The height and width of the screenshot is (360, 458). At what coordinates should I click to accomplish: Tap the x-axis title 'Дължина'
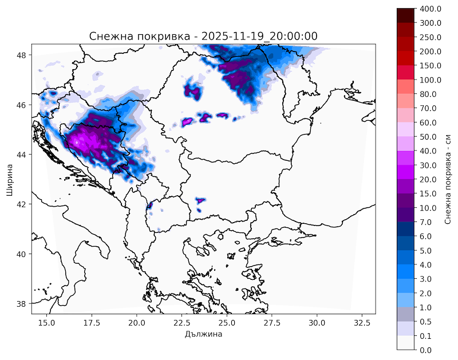[x=203, y=334]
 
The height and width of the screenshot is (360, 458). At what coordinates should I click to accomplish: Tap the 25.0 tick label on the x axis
[x=227, y=322]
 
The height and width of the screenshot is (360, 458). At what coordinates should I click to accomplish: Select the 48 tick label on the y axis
[x=23, y=56]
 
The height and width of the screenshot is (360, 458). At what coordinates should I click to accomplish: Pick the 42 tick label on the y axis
[x=23, y=204]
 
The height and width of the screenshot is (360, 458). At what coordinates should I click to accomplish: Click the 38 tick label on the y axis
[x=23, y=303]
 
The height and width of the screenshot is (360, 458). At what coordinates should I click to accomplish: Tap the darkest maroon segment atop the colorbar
[x=406, y=16]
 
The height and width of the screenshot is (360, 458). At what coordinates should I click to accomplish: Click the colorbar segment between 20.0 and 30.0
[x=406, y=172]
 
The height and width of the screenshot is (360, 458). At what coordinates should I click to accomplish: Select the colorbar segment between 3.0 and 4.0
[x=406, y=271]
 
